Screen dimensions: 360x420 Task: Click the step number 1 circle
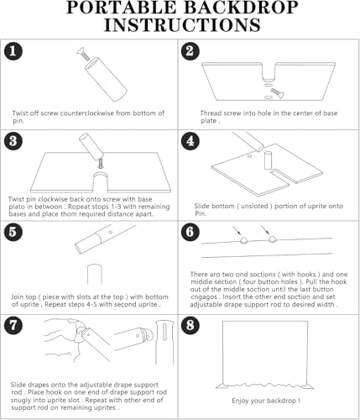tap(13, 51)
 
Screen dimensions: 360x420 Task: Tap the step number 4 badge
tap(190, 140)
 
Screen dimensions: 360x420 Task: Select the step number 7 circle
tap(13, 325)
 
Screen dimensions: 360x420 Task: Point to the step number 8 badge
tap(190, 325)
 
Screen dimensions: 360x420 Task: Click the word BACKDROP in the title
tap(241, 8)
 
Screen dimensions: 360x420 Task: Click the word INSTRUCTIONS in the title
tap(182, 25)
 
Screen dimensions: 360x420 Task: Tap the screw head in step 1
tap(81, 50)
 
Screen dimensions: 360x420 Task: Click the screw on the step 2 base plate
tap(277, 93)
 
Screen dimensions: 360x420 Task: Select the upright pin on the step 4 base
tap(268, 160)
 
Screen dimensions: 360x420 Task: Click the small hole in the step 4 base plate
tap(250, 155)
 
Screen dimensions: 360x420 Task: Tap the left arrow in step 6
tap(237, 230)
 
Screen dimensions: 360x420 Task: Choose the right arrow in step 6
tap(265, 230)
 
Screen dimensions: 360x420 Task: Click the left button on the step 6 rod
tap(243, 240)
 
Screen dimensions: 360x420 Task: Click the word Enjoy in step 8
tap(240, 401)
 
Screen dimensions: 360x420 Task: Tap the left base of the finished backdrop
tap(222, 386)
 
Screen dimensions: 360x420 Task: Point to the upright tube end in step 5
tap(95, 274)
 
